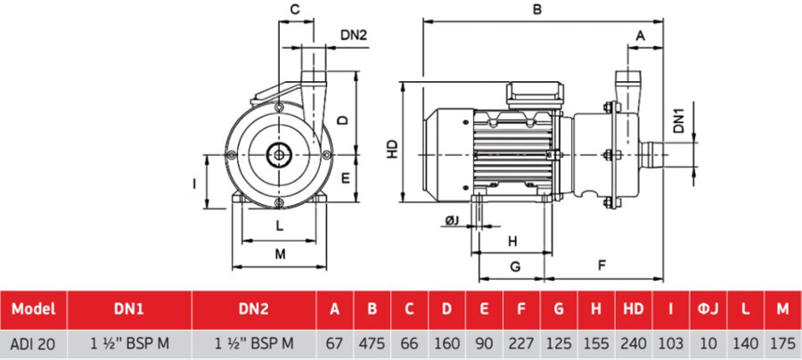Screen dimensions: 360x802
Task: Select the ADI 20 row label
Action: pyautogui.click(x=34, y=341)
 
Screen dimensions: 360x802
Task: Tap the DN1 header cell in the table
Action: pyautogui.click(x=130, y=310)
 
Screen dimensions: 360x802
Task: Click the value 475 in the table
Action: pyautogui.click(x=372, y=341)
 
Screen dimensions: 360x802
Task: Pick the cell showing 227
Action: pyautogui.click(x=520, y=341)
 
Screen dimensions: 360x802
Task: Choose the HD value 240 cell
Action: pyautogui.click(x=634, y=341)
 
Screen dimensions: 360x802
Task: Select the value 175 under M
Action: pyautogui.click(x=782, y=341)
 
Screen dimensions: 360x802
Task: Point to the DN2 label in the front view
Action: pyautogui.click(x=354, y=36)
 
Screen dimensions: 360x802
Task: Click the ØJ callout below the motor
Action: pyautogui.click(x=452, y=220)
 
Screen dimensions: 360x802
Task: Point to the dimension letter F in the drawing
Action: pyautogui.click(x=602, y=266)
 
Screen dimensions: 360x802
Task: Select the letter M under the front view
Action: pyautogui.click(x=280, y=254)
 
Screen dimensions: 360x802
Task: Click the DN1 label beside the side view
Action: pyautogui.click(x=679, y=119)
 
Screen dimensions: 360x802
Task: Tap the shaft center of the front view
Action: pyautogui.click(x=280, y=154)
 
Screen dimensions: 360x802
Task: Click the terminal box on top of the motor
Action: pyautogui.click(x=536, y=94)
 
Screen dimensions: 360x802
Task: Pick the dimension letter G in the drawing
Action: pyautogui.click(x=514, y=266)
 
